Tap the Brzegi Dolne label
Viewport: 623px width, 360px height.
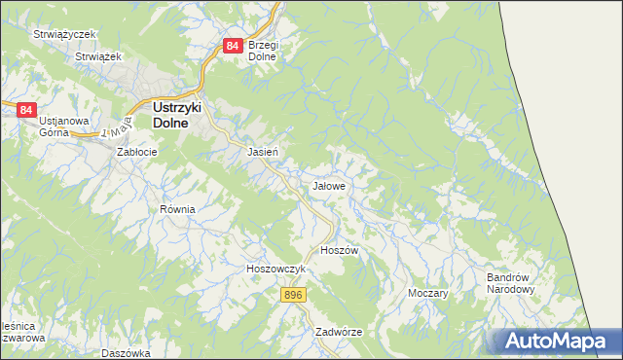pyautogui.click(x=263, y=51)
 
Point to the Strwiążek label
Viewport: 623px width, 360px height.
pyautogui.click(x=97, y=57)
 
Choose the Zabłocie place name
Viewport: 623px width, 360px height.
pyautogui.click(x=137, y=153)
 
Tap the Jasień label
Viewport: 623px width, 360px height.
pyautogui.click(x=264, y=153)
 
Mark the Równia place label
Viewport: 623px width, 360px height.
pyautogui.click(x=178, y=209)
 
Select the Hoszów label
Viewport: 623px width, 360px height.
pyautogui.click(x=340, y=250)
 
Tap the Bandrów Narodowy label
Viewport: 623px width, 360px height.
pyautogui.click(x=511, y=283)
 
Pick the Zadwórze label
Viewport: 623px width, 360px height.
pyautogui.click(x=339, y=332)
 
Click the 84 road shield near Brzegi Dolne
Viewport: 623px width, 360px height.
pyautogui.click(x=232, y=46)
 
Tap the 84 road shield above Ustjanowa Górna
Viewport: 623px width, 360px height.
pyautogui.click(x=26, y=110)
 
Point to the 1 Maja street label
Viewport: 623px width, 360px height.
pyautogui.click(x=116, y=129)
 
